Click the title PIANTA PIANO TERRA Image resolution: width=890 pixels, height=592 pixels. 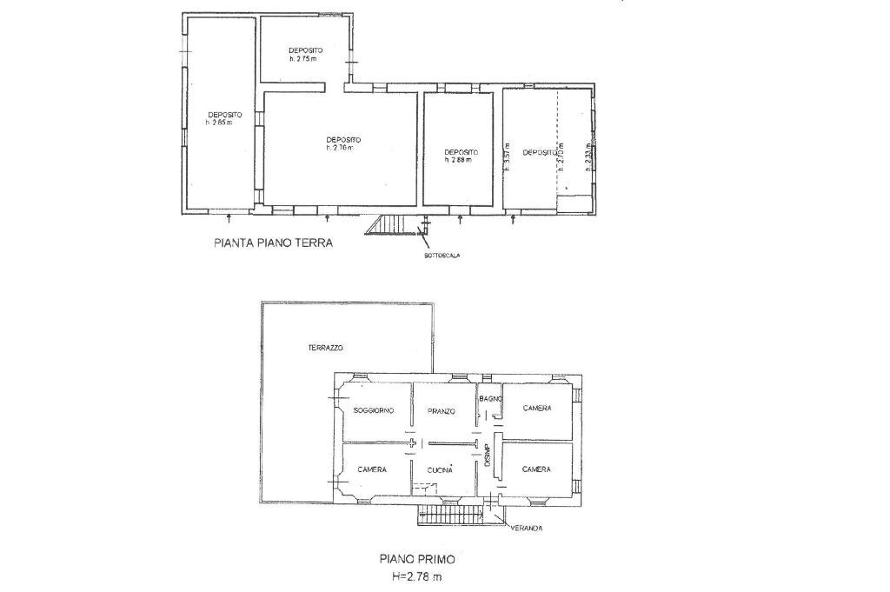tap(272, 243)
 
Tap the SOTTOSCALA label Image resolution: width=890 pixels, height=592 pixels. tap(442, 256)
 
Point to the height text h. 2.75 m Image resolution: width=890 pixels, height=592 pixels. tap(304, 59)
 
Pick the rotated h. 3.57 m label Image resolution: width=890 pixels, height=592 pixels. tap(507, 156)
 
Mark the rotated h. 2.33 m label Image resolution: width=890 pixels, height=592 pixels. tap(588, 156)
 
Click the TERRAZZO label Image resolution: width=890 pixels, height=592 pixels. tap(326, 348)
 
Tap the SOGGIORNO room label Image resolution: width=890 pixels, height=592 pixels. tap(374, 410)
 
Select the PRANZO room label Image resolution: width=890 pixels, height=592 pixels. tap(442, 411)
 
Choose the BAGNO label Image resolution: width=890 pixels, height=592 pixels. tap(490, 398)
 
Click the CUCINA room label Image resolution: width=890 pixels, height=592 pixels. tap(440, 469)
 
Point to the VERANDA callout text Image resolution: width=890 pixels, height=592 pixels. tap(527, 528)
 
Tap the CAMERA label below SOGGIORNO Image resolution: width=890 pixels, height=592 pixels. tap(372, 469)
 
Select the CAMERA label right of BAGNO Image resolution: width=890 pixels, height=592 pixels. tap(537, 408)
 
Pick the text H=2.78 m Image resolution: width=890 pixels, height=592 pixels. tap(416, 576)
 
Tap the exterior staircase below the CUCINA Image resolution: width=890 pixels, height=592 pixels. tap(448, 516)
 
